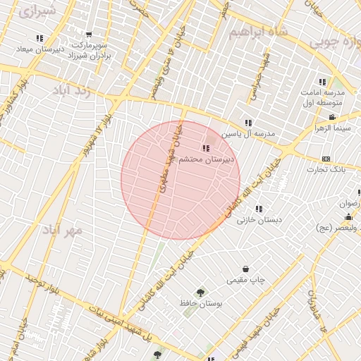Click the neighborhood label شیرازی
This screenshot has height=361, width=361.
(x=35, y=11)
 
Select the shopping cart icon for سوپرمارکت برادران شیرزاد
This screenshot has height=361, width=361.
(x=89, y=35)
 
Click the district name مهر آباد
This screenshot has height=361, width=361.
(x=62, y=231)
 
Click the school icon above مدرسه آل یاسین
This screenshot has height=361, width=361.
(x=247, y=123)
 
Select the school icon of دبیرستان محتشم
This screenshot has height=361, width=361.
(x=205, y=148)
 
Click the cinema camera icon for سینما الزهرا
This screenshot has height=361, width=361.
(x=332, y=118)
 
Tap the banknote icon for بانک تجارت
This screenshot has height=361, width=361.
(x=325, y=159)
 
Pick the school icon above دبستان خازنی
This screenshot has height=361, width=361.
(x=259, y=209)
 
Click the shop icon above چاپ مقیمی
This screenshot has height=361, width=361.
(x=245, y=269)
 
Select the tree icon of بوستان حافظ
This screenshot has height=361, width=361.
(x=202, y=291)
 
